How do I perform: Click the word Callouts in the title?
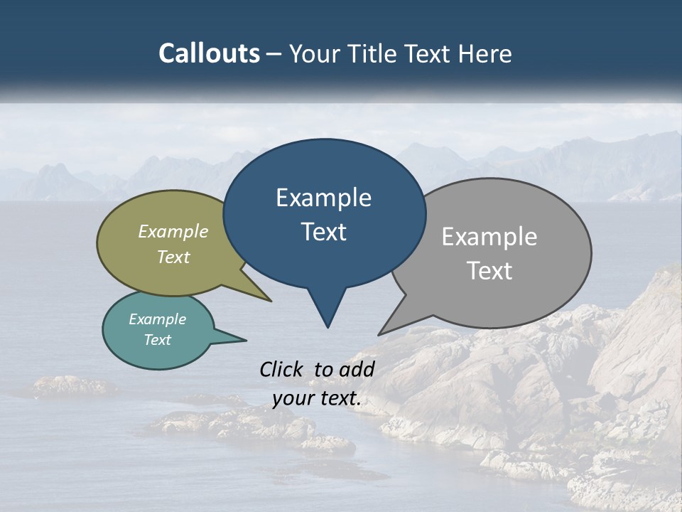coord(209,53)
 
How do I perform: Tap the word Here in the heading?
coord(483,53)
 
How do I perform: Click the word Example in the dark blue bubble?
coord(323,198)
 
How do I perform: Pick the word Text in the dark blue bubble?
coord(323,232)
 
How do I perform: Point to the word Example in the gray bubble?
coord(489,237)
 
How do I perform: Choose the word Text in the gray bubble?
coord(489,271)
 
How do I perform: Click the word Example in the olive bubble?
coord(173,232)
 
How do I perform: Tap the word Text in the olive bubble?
coord(173,257)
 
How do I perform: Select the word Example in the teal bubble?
coord(157,319)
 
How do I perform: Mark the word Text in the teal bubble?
coord(157,340)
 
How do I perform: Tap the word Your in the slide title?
coord(313,53)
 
